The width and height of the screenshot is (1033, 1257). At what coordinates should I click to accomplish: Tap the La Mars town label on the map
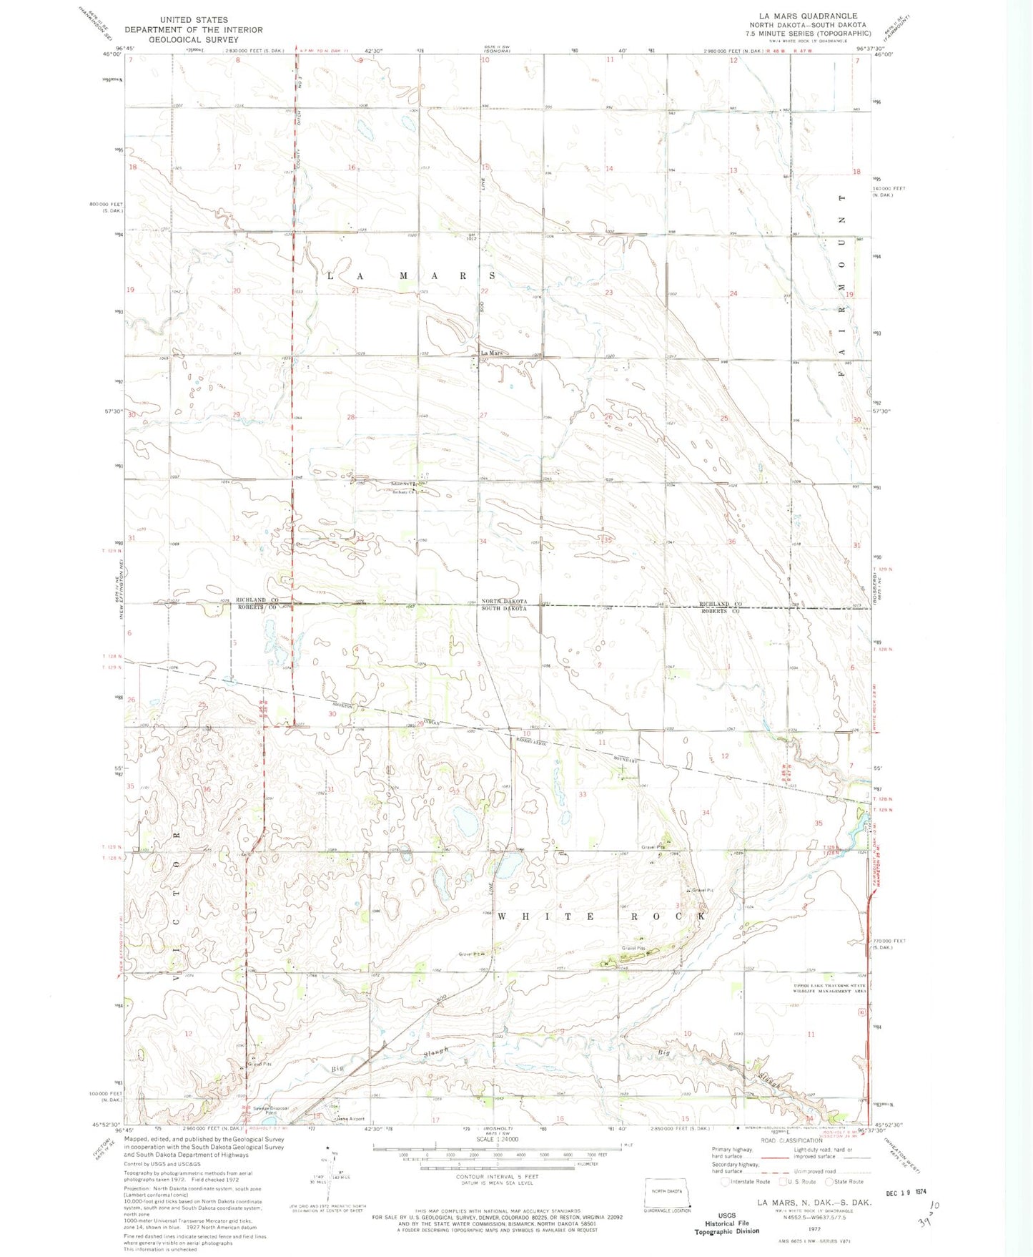point(491,353)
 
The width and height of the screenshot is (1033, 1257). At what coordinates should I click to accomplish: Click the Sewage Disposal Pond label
point(271,1110)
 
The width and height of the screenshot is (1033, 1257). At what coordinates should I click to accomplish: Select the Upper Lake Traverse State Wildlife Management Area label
point(829,989)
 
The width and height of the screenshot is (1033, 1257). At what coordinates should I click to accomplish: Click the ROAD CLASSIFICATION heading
point(791,1140)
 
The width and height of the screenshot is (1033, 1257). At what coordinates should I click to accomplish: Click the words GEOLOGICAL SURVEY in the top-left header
point(193,39)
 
